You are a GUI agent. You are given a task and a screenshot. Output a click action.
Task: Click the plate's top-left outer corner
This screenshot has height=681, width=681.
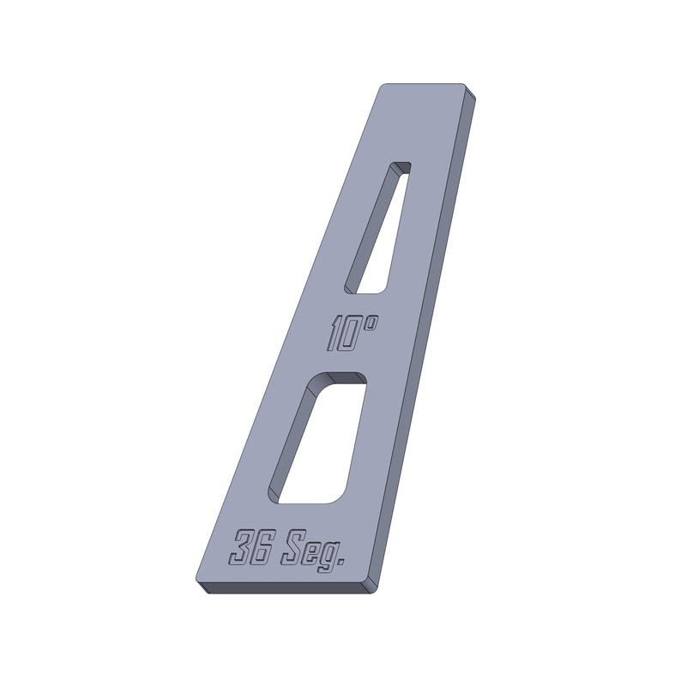click(x=384, y=86)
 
